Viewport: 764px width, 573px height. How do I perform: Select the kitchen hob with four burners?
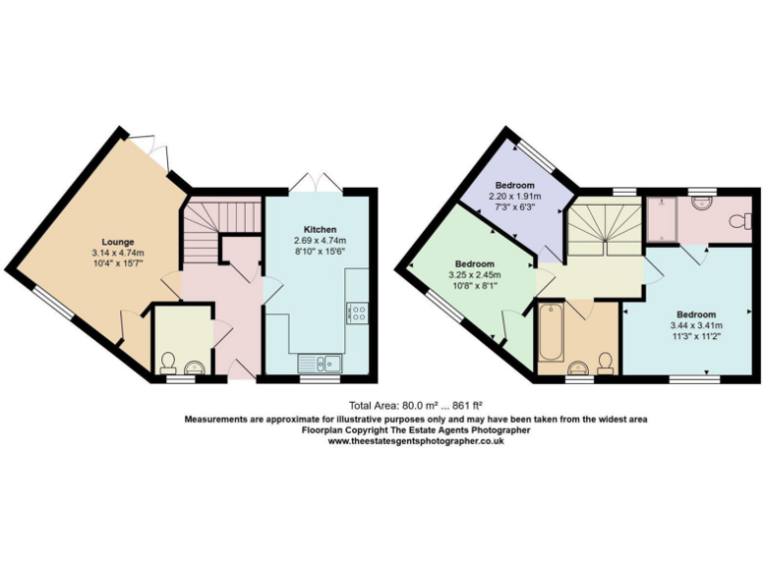tap(355, 313)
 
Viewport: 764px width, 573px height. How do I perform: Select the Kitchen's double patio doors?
tap(314, 181)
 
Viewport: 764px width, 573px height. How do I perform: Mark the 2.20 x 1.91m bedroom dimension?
tap(515, 197)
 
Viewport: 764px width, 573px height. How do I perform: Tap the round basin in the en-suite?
tap(702, 202)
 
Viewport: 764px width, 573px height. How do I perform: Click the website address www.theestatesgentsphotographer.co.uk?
tap(416, 442)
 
